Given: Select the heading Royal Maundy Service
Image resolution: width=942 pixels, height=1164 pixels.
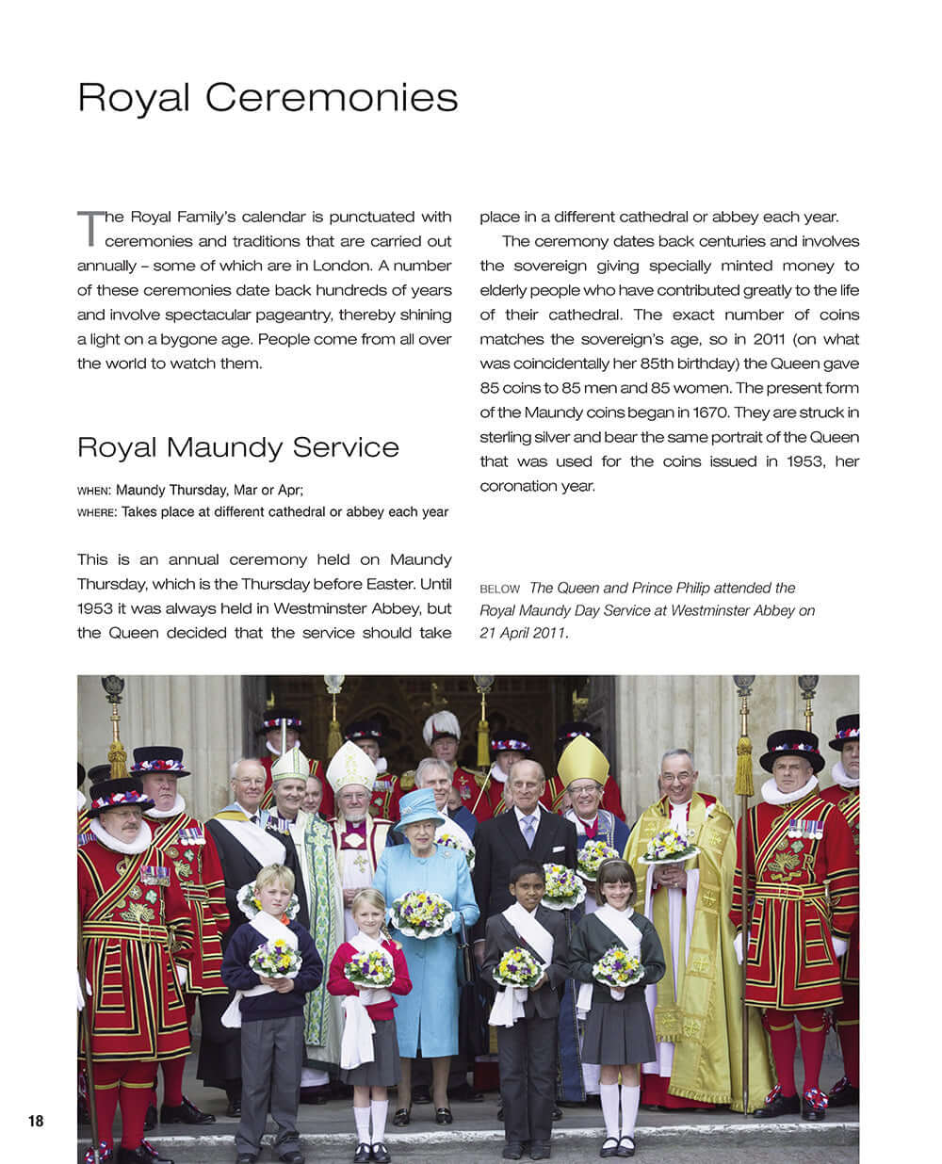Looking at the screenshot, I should point(237,446).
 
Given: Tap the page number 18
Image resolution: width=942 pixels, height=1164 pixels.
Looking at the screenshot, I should point(36,1121).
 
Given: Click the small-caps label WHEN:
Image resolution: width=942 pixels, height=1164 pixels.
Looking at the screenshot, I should point(94,491).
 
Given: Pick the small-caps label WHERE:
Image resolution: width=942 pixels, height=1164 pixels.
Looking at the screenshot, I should point(97,512).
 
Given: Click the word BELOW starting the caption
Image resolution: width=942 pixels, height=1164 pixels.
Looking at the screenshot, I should point(499,589).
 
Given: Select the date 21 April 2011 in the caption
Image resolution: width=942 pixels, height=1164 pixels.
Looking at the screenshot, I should point(523,633).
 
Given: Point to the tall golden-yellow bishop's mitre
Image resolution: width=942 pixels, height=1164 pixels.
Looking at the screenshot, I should point(582,760).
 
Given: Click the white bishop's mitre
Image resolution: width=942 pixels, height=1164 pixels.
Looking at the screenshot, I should point(351,767).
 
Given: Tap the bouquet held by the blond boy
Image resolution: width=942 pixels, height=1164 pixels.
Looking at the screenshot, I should point(275,958).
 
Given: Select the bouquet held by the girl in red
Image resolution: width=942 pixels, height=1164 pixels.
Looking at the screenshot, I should point(369,967).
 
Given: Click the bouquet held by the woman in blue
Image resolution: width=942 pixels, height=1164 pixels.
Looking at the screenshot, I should point(422,912).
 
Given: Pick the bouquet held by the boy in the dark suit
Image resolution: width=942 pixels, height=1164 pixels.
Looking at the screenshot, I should point(517,966).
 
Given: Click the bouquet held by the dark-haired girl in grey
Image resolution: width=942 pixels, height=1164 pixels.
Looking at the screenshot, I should point(618,964).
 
